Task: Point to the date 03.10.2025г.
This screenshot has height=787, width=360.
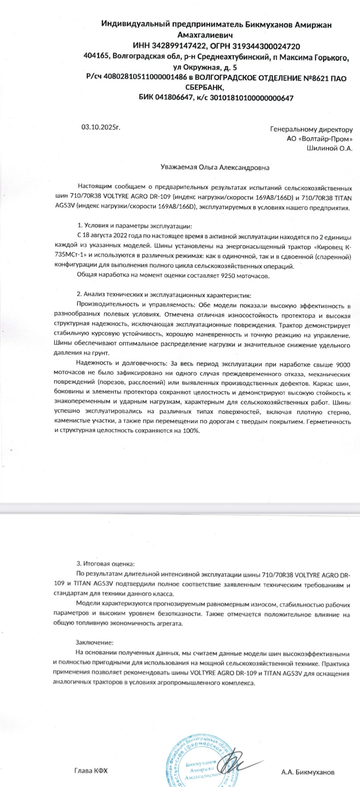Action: [x=101, y=127]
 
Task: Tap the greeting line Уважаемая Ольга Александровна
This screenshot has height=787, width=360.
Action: [x=214, y=167]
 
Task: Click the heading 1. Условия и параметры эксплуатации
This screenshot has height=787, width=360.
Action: [x=134, y=226]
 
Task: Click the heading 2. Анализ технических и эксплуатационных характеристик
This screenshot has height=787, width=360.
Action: [x=167, y=295]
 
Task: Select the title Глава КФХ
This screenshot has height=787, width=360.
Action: [x=91, y=771]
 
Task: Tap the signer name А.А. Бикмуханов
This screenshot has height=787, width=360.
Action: [x=308, y=772]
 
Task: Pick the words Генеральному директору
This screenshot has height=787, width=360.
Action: [x=311, y=130]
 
